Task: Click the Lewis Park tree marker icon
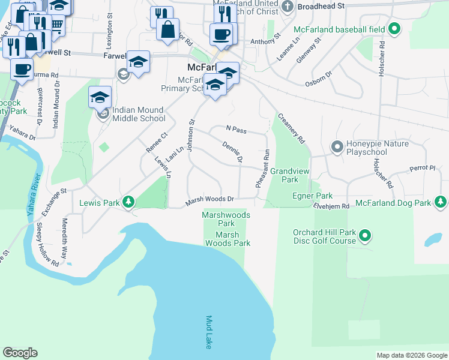pyautogui.click(x=128, y=203)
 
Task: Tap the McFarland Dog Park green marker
pyautogui.click(x=442, y=203)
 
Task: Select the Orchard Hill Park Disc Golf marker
pyautogui.click(x=364, y=237)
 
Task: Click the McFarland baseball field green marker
pyautogui.click(x=394, y=29)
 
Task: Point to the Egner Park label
pyautogui.click(x=312, y=196)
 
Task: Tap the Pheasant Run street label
pyautogui.click(x=262, y=169)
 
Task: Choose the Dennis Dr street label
pyautogui.click(x=232, y=152)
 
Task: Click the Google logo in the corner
pyautogui.click(x=20, y=353)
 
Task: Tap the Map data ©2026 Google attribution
pyautogui.click(x=411, y=355)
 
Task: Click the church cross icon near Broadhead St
pyautogui.click(x=287, y=7)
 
